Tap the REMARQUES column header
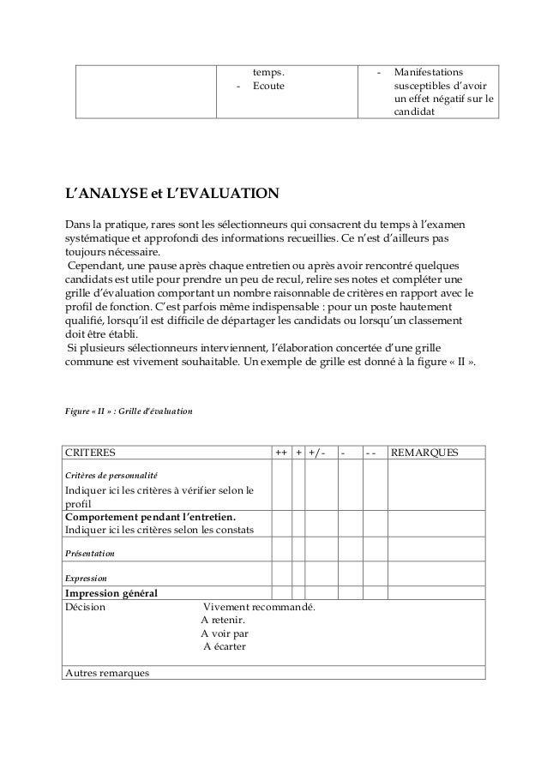click(424, 452)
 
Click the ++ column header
click(280, 452)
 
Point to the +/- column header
click(317, 452)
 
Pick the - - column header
click(370, 452)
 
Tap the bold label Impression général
click(111, 593)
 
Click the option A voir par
click(225, 633)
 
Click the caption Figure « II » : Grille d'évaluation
click(129, 412)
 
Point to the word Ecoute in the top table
click(268, 87)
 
